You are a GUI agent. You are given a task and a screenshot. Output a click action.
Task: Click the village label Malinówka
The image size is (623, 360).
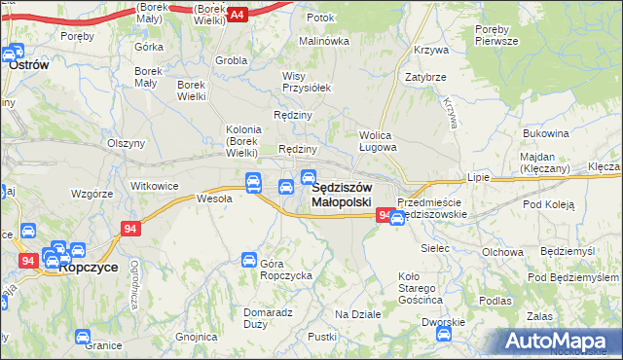point(323,41)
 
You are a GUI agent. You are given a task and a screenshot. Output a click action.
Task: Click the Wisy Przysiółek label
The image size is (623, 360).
point(307,81)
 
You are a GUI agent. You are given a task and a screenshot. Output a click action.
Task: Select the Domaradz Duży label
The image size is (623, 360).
point(268,318)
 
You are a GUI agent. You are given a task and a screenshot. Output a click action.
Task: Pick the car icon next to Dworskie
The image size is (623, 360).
point(443,334)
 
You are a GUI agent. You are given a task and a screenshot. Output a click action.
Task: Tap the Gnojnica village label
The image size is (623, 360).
point(197,337)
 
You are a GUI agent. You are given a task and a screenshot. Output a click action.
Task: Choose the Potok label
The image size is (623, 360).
point(320,18)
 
